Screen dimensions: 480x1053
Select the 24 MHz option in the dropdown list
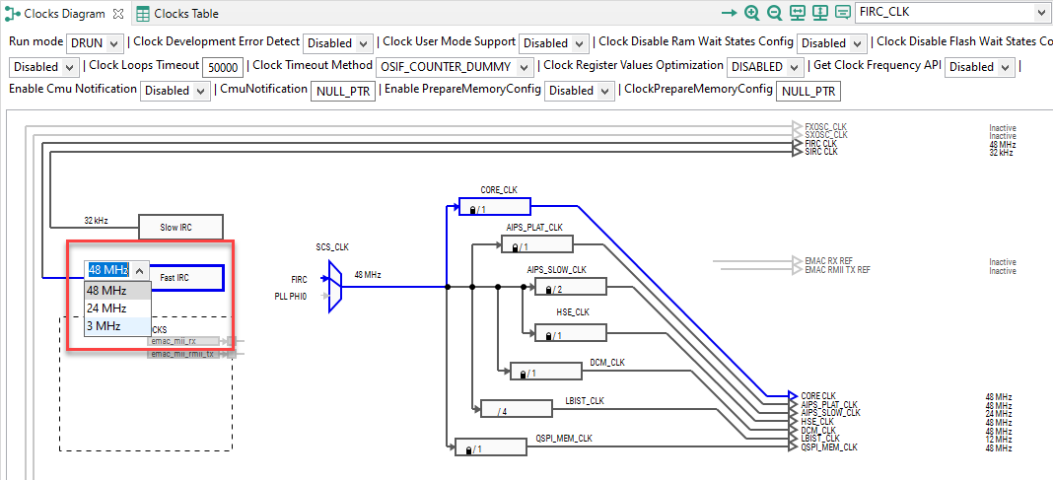[x=106, y=308]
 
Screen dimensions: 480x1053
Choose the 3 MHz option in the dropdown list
[x=104, y=325]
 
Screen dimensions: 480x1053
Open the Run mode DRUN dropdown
[x=96, y=43]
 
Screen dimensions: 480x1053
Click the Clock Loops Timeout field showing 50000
[x=222, y=67]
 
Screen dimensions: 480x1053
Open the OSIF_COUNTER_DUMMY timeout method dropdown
[x=455, y=67]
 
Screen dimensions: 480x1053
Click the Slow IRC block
[x=180, y=227]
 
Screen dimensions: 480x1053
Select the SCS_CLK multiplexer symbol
[x=335, y=287]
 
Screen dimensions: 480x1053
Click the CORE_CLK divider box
[x=494, y=207]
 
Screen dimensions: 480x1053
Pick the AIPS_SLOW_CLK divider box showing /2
[x=570, y=287]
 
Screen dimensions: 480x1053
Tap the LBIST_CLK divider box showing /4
[x=516, y=409]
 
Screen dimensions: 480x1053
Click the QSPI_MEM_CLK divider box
[x=489, y=447]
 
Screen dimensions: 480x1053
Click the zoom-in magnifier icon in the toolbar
[x=752, y=13]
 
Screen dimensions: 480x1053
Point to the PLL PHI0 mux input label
[x=291, y=296]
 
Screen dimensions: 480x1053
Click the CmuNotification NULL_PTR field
[x=343, y=91]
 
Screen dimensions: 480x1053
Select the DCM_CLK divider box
[x=545, y=372]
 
